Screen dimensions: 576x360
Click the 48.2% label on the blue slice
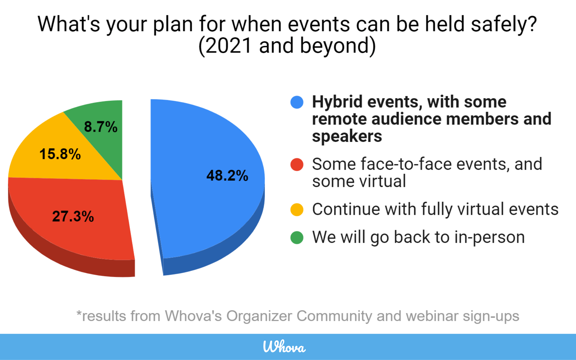(227, 175)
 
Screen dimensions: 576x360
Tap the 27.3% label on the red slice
(73, 216)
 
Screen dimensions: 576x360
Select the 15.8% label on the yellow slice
(60, 154)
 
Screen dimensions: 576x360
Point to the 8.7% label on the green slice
(100, 127)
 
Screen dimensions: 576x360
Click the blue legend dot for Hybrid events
(297, 102)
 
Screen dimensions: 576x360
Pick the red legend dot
(297, 164)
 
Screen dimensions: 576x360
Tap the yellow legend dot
(297, 209)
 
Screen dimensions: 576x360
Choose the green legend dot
(297, 237)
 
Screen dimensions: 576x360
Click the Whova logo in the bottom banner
(284, 346)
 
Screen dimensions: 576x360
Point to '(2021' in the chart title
(225, 46)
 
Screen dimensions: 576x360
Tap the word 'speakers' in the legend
(347, 137)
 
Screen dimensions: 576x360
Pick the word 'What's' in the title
(69, 24)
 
